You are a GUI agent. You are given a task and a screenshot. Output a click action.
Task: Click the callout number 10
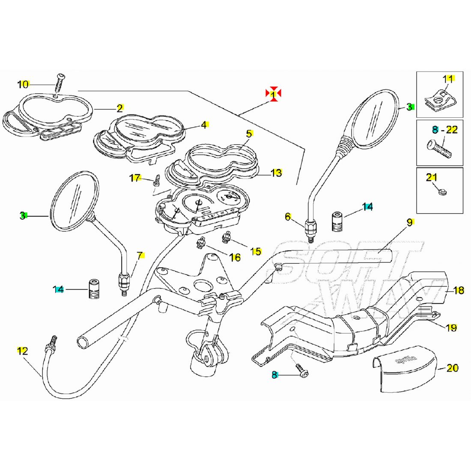coord(23,84)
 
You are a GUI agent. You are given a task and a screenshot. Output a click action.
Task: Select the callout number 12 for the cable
coord(22,351)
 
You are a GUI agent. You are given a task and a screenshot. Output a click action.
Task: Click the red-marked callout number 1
coord(273,94)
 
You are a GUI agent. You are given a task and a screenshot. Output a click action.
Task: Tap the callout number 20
coord(452,367)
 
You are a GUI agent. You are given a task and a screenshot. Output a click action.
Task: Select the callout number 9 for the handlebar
coord(409,222)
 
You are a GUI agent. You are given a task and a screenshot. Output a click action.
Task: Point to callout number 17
coord(135,178)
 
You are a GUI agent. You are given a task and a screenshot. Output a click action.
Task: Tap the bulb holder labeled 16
coord(200,244)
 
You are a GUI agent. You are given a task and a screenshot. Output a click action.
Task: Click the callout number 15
coord(256,251)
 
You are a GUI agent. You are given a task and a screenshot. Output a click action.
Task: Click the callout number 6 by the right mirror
coord(288,217)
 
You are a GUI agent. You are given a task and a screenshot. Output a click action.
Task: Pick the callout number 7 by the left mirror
coord(140,256)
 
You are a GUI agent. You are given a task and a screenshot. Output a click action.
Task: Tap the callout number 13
coord(276,173)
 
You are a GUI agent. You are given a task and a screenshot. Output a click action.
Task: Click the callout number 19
coord(451,328)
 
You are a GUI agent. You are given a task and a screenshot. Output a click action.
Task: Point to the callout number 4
coord(204,125)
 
